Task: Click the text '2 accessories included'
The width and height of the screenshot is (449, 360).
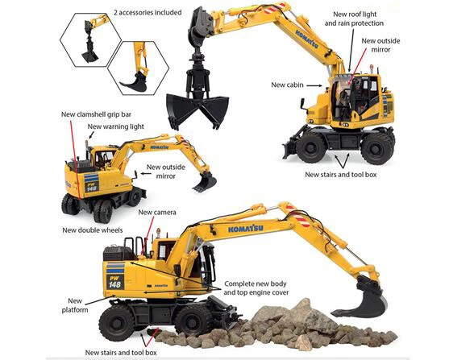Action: (148, 13)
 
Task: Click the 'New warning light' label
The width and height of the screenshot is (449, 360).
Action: (117, 126)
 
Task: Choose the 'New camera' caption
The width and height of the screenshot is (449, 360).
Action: (158, 213)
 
